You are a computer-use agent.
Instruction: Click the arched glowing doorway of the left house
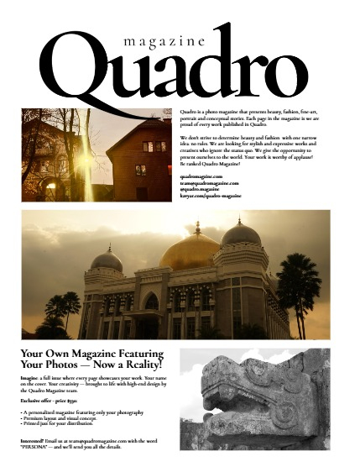51,186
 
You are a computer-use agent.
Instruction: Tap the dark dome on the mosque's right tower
241,233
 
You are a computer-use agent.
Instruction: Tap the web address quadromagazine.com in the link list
201,176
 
